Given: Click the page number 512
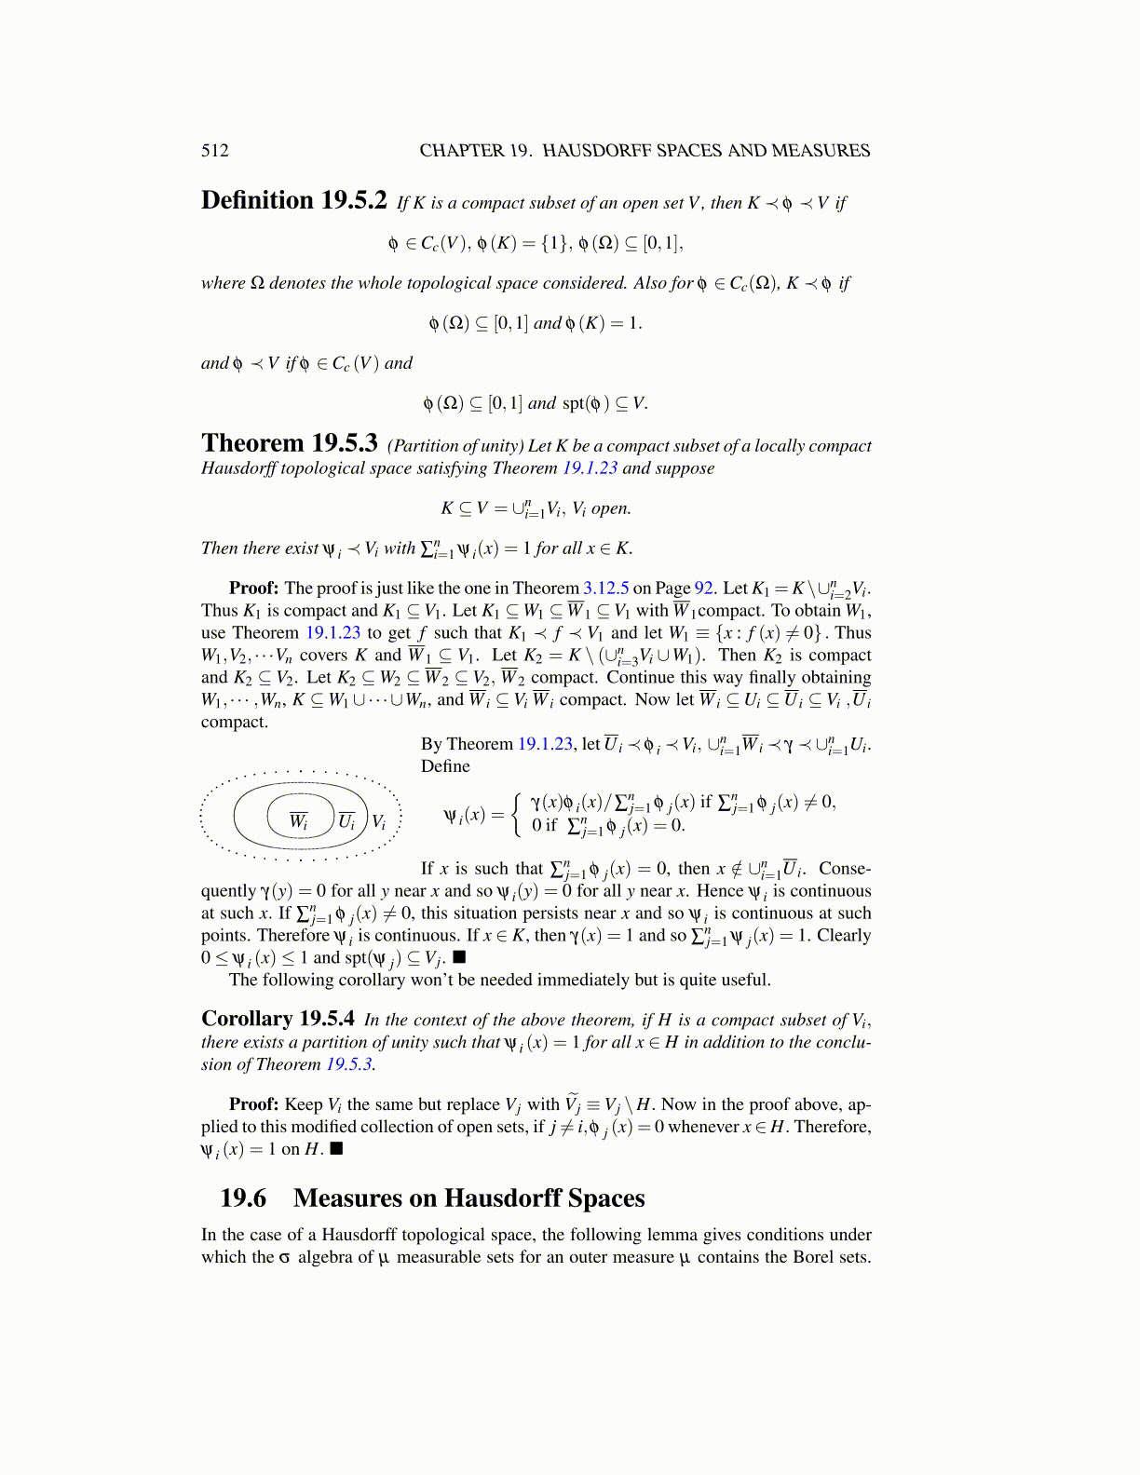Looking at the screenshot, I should [x=214, y=151].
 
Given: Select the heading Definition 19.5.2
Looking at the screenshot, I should [x=293, y=201].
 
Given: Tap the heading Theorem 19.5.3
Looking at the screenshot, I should [x=289, y=443].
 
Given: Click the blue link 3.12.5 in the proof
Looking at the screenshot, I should [x=605, y=589].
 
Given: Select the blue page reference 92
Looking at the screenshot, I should [x=704, y=589].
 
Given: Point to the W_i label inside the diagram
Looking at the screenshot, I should [x=298, y=820].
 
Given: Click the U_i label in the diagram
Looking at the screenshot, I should [x=346, y=821].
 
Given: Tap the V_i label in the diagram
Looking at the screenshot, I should [x=379, y=821].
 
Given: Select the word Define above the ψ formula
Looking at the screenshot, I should [x=445, y=766].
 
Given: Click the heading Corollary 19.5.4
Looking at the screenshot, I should [x=278, y=1019].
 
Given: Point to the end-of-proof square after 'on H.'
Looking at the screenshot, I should [x=337, y=1148].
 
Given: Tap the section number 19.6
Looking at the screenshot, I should [x=243, y=1198].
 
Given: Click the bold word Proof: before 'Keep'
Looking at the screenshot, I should [x=253, y=1104].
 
